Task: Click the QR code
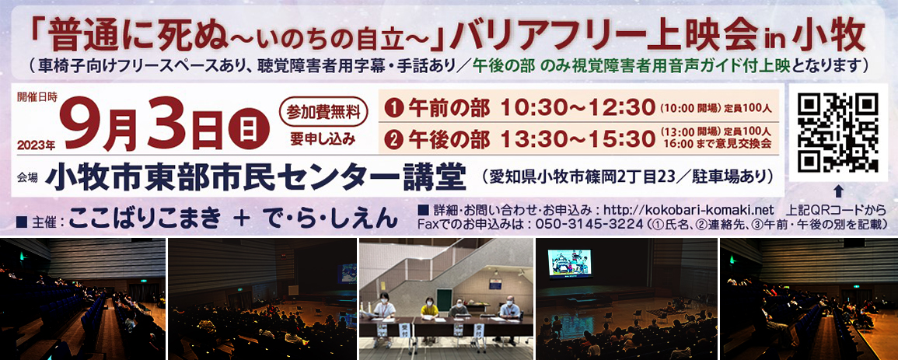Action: pos(838,133)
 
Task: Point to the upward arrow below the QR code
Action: pos(838,190)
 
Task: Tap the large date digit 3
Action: pos(162,124)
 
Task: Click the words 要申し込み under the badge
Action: pos(323,139)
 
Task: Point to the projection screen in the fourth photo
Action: pos(569,264)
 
